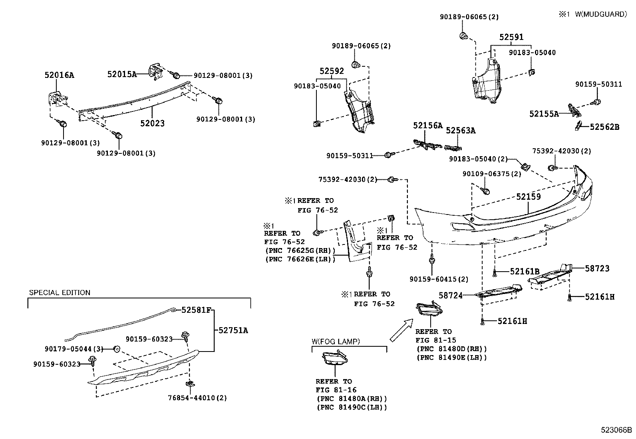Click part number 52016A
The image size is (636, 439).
click(59, 75)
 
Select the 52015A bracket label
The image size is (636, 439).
click(122, 74)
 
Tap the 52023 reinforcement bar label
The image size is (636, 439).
click(152, 123)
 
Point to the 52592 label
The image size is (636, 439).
click(332, 71)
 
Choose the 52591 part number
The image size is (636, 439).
click(511, 37)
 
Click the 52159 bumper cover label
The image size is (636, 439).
click(528, 197)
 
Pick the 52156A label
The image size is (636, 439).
click(428, 125)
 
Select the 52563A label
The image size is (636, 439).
click(461, 130)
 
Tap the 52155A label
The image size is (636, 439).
click(544, 114)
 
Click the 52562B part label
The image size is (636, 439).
click(604, 127)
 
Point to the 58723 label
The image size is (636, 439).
click(597, 268)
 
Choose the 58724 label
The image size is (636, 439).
click(451, 296)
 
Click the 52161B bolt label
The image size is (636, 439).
click(525, 272)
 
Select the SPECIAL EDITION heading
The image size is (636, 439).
click(60, 293)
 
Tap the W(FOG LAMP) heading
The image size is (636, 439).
click(336, 342)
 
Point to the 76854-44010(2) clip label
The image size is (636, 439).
click(197, 398)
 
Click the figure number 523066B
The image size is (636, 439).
click(617, 430)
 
